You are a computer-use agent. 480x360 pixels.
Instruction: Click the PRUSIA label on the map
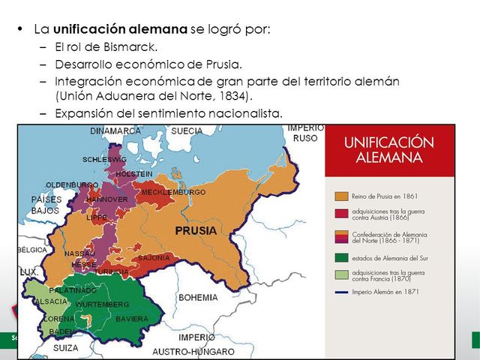196,231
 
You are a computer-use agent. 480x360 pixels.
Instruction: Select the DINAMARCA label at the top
115,130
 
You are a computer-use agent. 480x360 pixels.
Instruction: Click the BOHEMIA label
198,298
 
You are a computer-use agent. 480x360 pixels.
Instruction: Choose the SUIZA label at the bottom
66,348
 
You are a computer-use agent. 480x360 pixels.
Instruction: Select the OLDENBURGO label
72,184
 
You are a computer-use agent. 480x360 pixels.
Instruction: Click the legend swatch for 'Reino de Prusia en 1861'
340,196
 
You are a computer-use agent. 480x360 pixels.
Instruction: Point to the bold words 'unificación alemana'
120,29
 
